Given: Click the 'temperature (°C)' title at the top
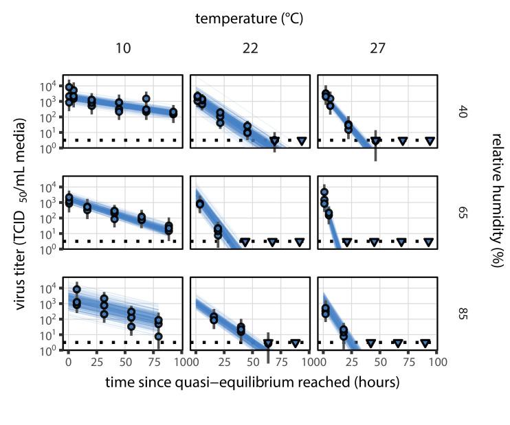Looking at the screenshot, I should click(249, 19).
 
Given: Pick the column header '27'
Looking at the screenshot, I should click(377, 49).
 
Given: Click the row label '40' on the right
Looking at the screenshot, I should click(463, 112).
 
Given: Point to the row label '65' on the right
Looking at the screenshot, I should click(463, 213).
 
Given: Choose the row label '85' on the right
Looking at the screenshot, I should click(463, 314).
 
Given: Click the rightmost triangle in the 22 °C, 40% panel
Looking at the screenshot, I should click(302, 141).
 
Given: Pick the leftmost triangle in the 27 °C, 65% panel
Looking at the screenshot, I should click(347, 242).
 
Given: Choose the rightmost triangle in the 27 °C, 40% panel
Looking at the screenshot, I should click(430, 141).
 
